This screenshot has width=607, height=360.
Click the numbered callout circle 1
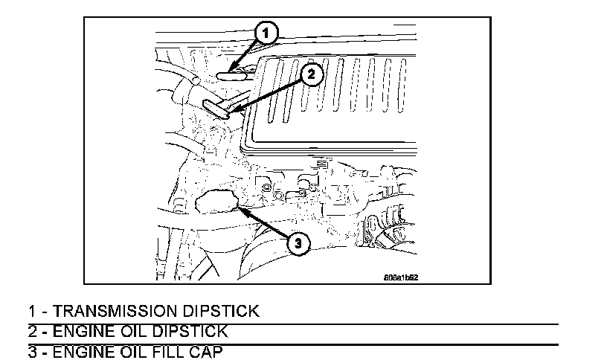[x=266, y=32]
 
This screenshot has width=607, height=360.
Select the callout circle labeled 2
[x=312, y=74]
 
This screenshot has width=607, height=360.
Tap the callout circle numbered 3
[x=296, y=243]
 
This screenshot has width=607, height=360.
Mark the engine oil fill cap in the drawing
[x=216, y=201]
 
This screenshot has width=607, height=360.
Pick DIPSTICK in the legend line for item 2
[x=189, y=331]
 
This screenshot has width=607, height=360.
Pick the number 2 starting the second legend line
[x=32, y=331]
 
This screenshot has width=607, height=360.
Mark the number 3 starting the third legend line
[x=32, y=352]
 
